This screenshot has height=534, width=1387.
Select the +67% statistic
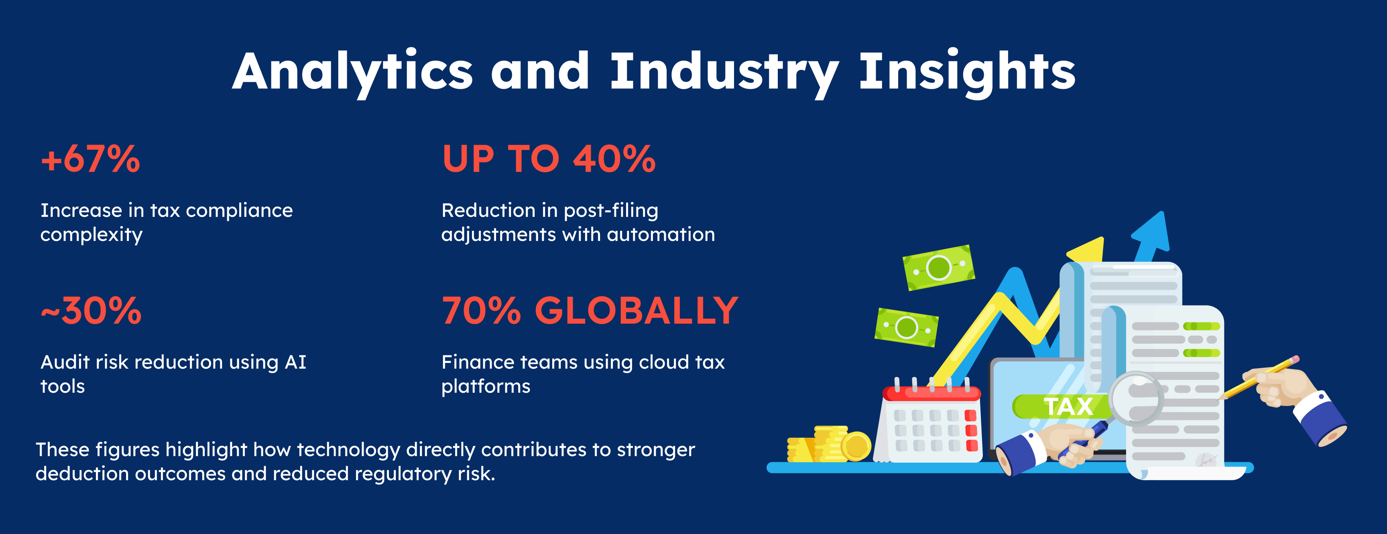tap(90, 159)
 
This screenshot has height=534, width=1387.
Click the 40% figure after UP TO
tap(614, 159)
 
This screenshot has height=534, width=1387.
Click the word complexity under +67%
tap(92, 235)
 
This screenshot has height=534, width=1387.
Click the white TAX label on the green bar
tap(1068, 406)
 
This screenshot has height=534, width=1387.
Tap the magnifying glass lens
tap(1136, 398)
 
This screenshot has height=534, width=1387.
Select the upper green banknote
tap(938, 268)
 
